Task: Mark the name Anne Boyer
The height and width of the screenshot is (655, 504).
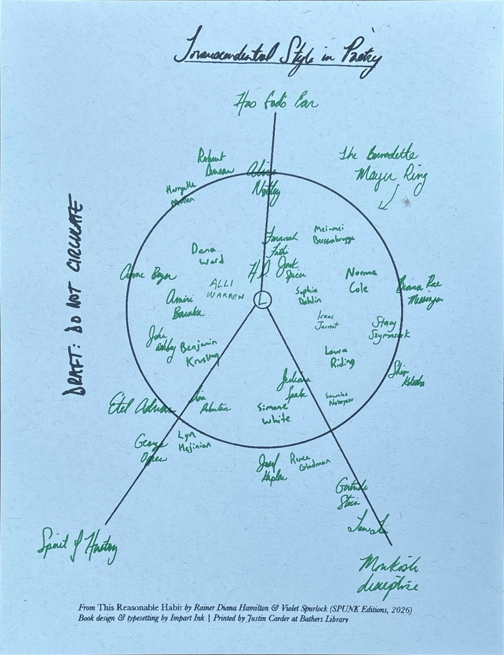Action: point(149,276)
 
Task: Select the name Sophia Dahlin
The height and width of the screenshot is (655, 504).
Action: point(308,295)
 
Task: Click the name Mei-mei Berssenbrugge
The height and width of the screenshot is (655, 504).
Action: point(334,234)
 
